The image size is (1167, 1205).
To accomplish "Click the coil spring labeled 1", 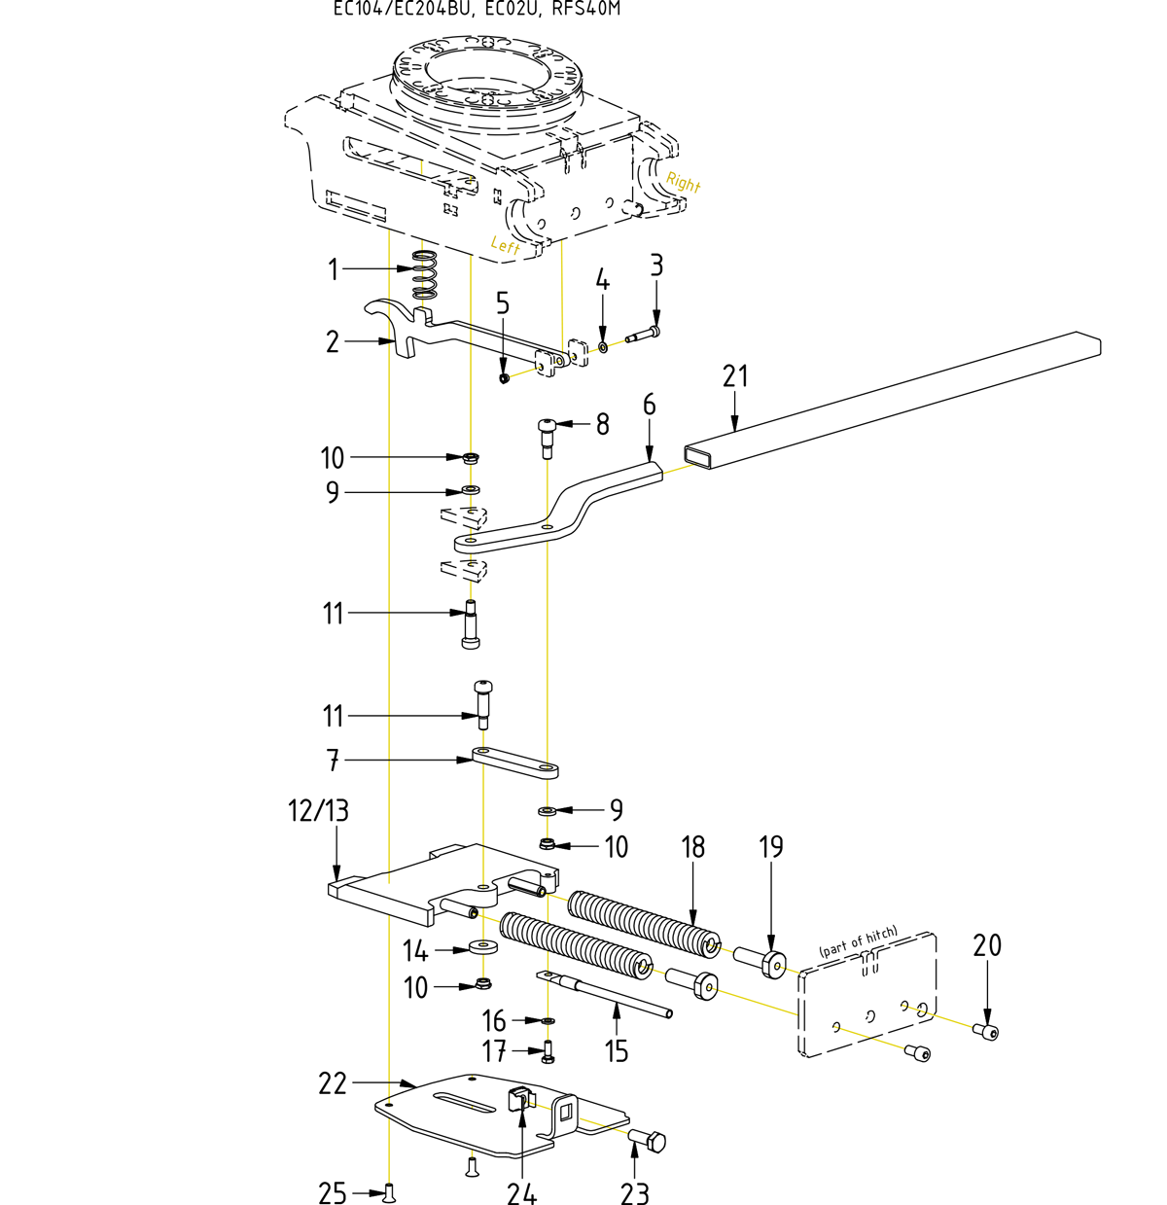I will (x=422, y=275).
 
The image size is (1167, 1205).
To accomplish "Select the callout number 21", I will (x=735, y=376).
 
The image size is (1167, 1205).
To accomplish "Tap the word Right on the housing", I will (x=683, y=182).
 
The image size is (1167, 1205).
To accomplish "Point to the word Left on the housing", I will (x=506, y=245).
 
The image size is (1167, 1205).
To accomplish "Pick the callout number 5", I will (x=502, y=303).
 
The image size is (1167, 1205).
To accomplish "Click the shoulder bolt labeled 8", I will (x=548, y=434).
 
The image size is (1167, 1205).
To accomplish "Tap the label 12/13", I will (x=318, y=810).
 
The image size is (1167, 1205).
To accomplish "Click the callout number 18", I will (x=692, y=847).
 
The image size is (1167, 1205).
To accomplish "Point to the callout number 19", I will (x=770, y=847).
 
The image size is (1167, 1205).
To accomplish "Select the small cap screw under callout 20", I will (x=987, y=1031).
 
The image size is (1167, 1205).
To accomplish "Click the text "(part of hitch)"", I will (x=858, y=941).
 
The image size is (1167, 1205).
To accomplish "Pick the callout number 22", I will (x=333, y=1083).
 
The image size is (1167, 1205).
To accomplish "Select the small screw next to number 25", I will (x=390, y=1190).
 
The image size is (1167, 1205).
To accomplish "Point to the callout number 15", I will (x=617, y=1051).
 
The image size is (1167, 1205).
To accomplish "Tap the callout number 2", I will (x=333, y=342).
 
